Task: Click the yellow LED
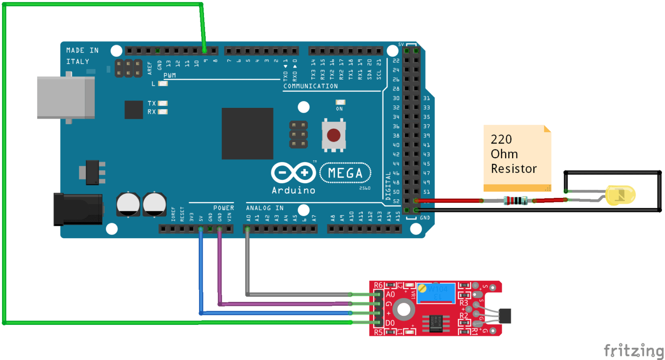[x=621, y=195]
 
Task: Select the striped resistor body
[x=515, y=200]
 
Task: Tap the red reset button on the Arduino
[x=333, y=135]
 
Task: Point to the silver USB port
[x=65, y=97]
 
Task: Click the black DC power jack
[x=77, y=209]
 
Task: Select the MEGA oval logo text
[x=345, y=173]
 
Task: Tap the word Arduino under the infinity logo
[x=293, y=190]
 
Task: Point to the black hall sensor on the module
[x=505, y=315]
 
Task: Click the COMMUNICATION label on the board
[x=310, y=86]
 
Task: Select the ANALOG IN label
[x=265, y=208]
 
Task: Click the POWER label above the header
[x=223, y=208]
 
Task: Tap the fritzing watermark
[x=633, y=350]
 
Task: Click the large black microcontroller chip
[x=247, y=133]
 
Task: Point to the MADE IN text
[x=82, y=50]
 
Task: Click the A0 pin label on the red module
[x=390, y=295]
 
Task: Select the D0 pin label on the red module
[x=390, y=323]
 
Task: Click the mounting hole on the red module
[x=404, y=309]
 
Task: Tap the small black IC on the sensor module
[x=436, y=323]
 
